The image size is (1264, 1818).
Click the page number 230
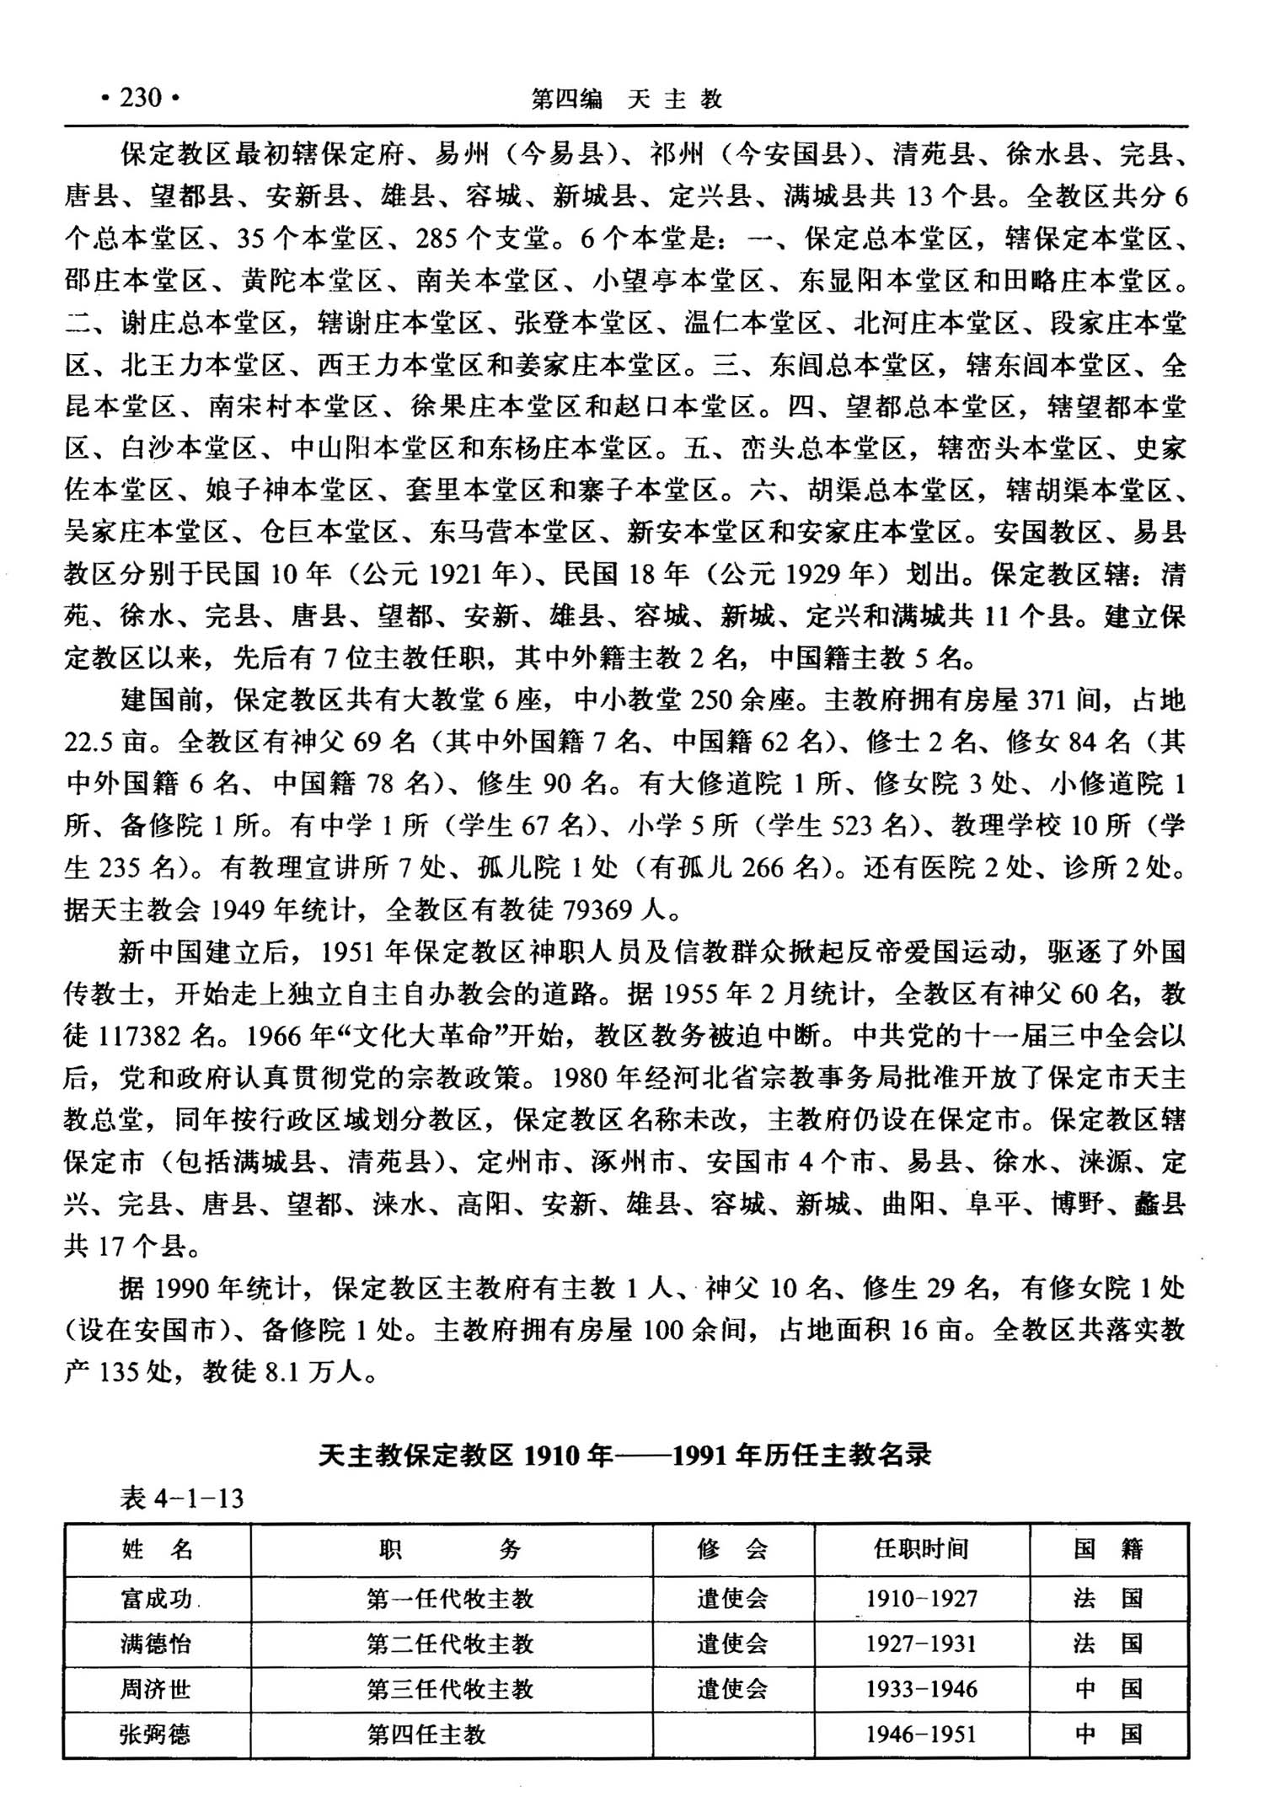pyautogui.click(x=140, y=99)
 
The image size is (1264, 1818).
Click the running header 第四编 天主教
pyautogui.click(x=626, y=99)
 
